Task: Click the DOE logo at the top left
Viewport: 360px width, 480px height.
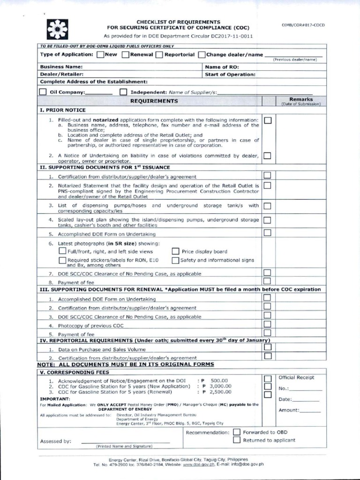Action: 57,29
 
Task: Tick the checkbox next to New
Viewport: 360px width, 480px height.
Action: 100,55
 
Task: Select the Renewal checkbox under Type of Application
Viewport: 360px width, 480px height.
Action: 125,55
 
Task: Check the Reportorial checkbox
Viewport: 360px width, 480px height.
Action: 159,55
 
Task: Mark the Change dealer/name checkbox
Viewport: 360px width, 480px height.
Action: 202,55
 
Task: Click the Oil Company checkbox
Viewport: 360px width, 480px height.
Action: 43,92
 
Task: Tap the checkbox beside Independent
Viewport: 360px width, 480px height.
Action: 123,92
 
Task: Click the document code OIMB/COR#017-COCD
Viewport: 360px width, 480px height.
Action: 303,25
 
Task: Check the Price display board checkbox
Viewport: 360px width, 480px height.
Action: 176,251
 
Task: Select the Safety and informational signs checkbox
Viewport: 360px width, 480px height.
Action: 176,260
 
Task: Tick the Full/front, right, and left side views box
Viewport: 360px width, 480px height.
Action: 62,251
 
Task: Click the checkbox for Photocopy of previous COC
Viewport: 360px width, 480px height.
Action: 267,324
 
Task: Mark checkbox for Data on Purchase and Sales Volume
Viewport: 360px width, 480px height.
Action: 267,347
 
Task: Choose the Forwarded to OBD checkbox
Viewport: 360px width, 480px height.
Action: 237,432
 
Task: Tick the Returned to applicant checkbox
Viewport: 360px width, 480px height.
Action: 237,440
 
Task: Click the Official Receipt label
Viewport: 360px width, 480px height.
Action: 296,377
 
